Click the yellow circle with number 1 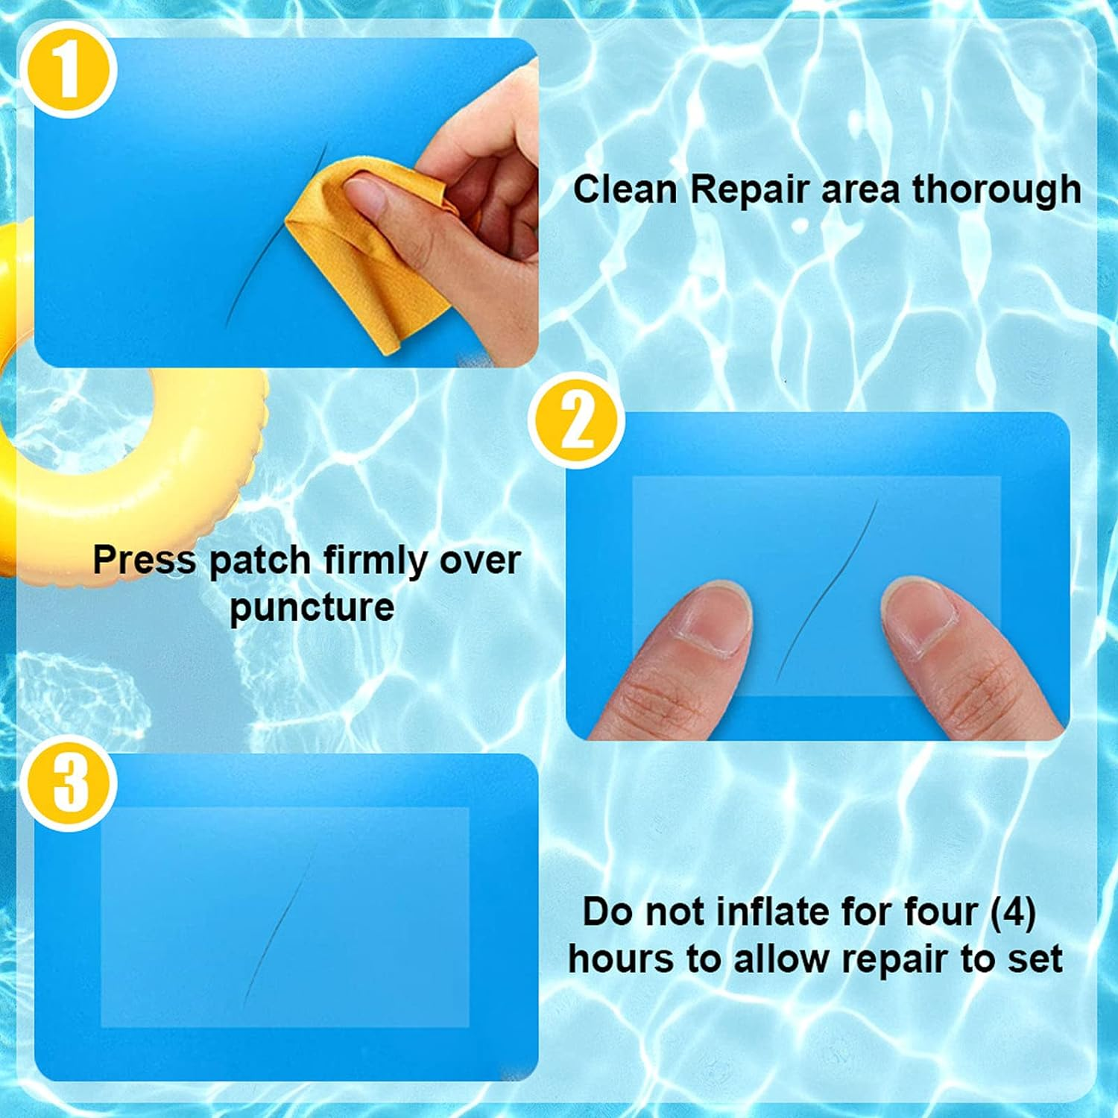pos(68,70)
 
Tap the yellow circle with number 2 pos(576,421)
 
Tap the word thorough pos(997,189)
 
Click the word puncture pos(312,607)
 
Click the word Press pos(145,560)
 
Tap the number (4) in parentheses pos(1012,912)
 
